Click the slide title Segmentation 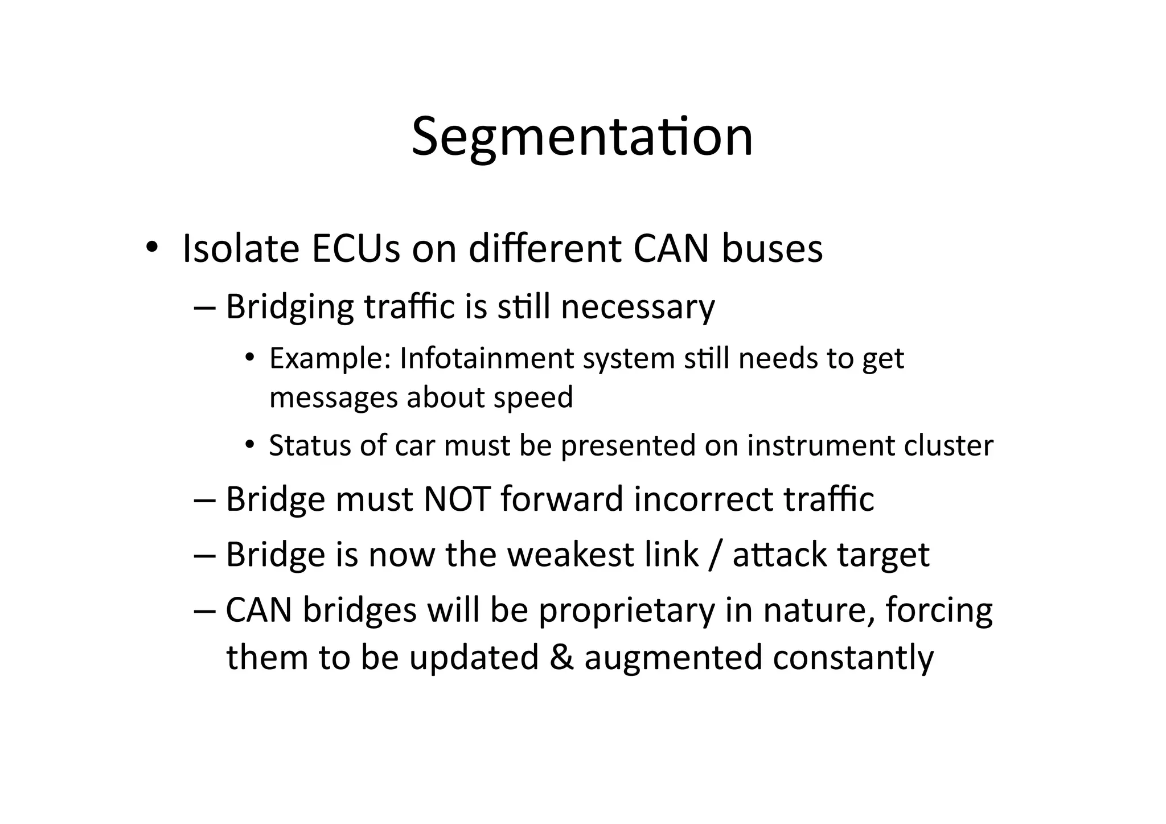click(582, 137)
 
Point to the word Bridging click(289, 308)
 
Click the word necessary click(638, 308)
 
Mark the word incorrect click(703, 499)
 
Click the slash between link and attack click(715, 554)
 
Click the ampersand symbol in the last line click(561, 657)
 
